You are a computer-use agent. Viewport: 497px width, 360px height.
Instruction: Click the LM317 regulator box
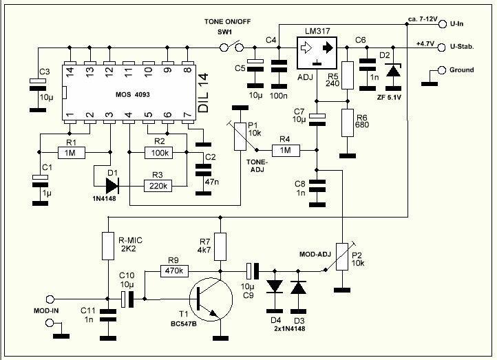(317, 49)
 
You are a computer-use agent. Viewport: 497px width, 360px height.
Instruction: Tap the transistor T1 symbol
(207, 299)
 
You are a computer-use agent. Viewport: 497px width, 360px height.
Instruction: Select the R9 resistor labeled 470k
(174, 271)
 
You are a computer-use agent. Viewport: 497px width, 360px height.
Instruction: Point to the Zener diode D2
(392, 71)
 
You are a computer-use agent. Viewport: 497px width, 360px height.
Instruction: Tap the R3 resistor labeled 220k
(159, 184)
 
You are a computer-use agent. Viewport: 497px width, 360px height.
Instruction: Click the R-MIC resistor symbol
(107, 246)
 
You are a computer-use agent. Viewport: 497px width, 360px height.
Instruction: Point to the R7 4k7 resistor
(220, 246)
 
